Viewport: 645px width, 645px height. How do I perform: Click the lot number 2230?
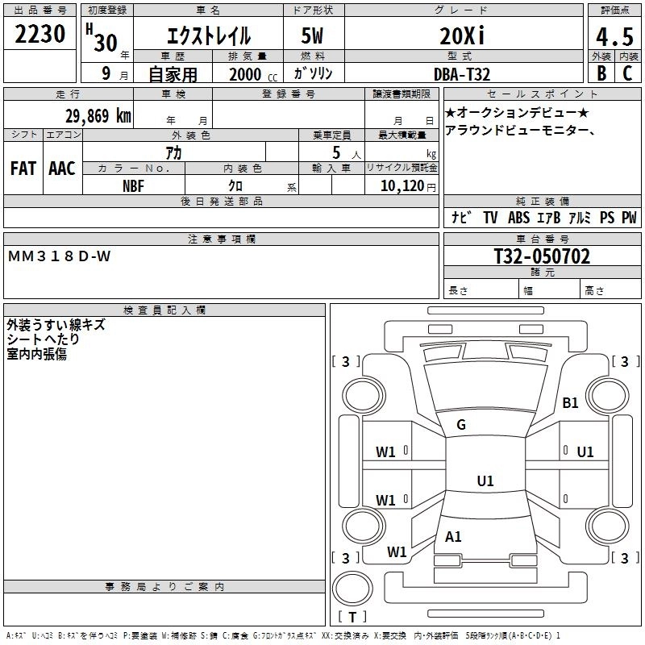40,34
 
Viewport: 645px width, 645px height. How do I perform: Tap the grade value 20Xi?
463,36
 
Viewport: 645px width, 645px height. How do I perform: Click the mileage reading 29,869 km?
98,116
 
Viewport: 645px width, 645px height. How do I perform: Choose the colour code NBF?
134,185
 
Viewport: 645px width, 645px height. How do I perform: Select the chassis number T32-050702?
542,256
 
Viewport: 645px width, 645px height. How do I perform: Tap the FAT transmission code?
23,169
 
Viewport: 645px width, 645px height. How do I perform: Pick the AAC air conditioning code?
62,169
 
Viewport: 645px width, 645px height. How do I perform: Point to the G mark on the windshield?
461,425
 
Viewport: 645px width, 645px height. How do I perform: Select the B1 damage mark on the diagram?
571,402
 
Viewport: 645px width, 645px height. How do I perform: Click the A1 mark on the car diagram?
454,536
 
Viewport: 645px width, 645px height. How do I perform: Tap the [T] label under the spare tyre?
352,617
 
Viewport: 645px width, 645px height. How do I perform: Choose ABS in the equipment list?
518,218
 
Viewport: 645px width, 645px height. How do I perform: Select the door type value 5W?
312,36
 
